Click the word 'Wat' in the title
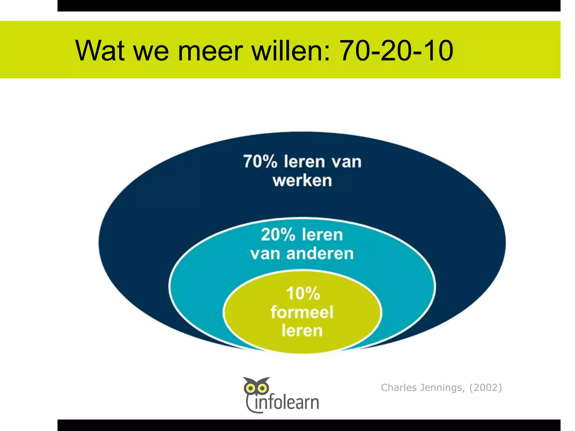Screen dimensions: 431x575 coord(100,51)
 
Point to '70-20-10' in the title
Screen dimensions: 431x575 coord(396,51)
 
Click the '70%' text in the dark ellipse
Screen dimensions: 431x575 coord(260,162)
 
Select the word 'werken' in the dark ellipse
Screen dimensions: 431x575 coord(302,180)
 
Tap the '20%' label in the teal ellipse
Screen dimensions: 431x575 coord(278,235)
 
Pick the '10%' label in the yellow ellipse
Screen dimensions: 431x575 coord(303,294)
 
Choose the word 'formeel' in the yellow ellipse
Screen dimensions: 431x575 coord(302,312)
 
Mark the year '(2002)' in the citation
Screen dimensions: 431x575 coord(485,388)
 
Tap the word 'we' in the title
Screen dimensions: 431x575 coord(151,51)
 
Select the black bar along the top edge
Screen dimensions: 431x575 coord(309,6)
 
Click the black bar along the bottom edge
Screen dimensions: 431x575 coord(309,425)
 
